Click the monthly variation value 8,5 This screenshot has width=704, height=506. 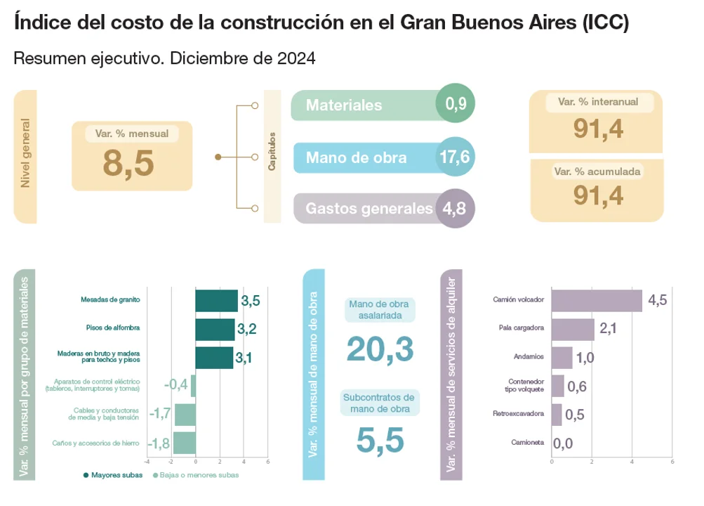(128, 163)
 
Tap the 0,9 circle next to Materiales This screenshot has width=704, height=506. (456, 105)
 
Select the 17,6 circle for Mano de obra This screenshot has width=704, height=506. (456, 157)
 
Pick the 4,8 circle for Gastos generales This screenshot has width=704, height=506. (456, 208)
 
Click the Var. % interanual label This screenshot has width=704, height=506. (598, 102)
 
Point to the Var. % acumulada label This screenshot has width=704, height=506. (598, 171)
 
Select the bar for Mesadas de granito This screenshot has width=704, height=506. (216, 300)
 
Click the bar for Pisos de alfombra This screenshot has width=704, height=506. (215, 329)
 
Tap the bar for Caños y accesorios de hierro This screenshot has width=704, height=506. (185, 443)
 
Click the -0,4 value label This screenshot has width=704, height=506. (176, 385)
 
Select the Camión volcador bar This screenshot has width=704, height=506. (597, 300)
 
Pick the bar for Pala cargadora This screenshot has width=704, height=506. (573, 328)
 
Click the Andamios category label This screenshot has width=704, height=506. (529, 356)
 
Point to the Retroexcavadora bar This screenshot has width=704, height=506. (557, 414)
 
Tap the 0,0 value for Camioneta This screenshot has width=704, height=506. (564, 443)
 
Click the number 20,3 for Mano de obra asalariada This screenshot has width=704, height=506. (380, 349)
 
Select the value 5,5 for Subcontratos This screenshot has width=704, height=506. (380, 441)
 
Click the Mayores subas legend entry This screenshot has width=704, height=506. (113, 475)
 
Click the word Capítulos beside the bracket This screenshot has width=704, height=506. (272, 150)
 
